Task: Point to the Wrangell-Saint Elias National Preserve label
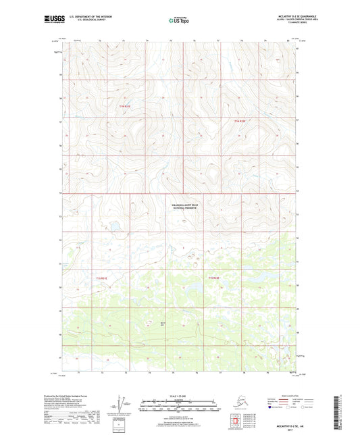tap(182, 208)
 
